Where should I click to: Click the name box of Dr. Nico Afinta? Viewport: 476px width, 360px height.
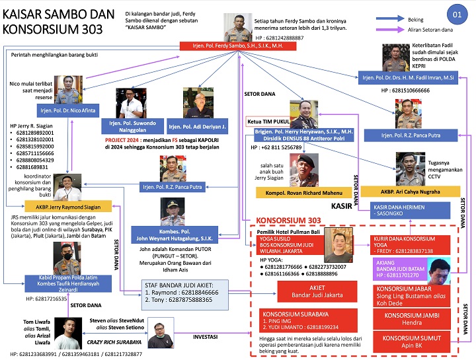[67, 112]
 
